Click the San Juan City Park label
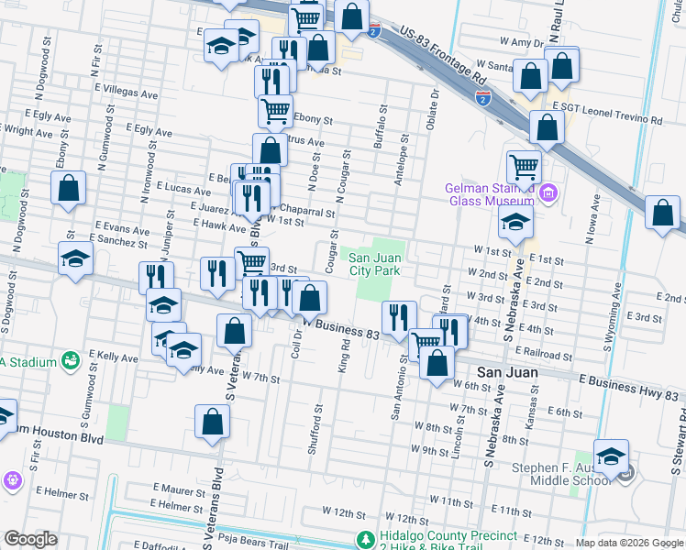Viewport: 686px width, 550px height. point(374,264)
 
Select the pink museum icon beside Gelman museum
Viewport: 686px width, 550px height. point(548,193)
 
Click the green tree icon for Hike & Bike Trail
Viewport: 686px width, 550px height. point(365,537)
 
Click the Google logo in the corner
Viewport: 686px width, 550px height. point(30,539)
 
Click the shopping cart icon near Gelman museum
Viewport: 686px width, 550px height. point(523,168)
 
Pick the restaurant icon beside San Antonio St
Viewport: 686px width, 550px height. point(398,318)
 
